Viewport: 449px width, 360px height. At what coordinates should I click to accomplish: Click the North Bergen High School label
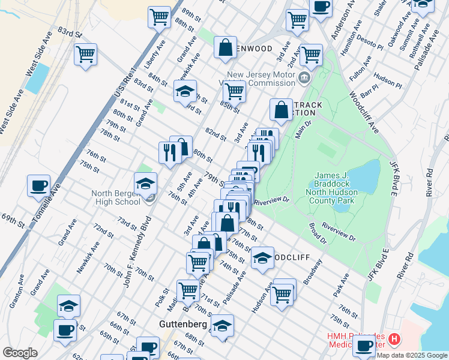(115, 198)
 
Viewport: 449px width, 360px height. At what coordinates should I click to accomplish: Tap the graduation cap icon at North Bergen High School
(145, 183)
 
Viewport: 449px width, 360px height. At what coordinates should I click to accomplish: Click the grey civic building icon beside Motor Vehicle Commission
(304, 77)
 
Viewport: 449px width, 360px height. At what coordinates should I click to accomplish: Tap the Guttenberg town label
(182, 324)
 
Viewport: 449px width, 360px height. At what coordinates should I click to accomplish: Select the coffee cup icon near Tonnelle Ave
(39, 185)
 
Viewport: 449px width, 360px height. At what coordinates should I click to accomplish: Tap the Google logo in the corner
(20, 353)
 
